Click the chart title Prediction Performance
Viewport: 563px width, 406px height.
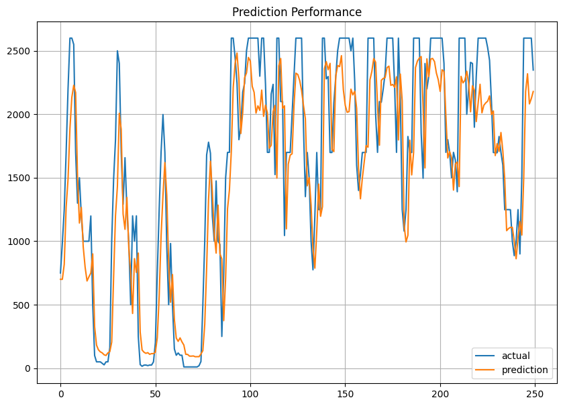coord(297,12)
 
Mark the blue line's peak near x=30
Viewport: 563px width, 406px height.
coord(117,51)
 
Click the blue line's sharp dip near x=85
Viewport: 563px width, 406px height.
coord(222,336)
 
